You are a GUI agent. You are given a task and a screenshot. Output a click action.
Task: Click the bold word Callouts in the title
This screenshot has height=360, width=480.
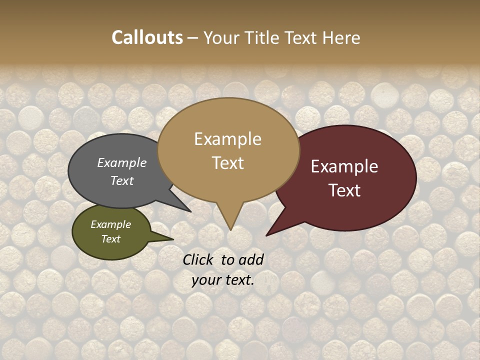tap(147, 37)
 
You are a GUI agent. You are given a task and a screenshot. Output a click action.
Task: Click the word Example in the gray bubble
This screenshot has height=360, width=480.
tap(122, 162)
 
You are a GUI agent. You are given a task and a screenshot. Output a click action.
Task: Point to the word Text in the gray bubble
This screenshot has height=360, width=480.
tap(122, 180)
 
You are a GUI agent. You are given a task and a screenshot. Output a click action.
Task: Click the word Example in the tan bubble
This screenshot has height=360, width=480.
tap(227, 139)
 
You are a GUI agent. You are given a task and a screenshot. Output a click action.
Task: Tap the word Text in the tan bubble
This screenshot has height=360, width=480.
tap(227, 163)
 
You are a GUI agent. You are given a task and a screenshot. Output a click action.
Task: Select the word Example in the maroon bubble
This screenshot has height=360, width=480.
tap(344, 166)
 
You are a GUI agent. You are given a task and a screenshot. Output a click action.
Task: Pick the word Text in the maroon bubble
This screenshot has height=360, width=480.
tap(344, 190)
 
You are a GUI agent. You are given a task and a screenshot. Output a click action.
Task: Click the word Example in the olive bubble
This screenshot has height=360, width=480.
tap(110, 224)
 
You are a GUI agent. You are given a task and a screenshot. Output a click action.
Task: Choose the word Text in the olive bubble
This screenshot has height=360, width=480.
tap(110, 239)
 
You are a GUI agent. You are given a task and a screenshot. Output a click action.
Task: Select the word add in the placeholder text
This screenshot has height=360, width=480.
tap(251, 259)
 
